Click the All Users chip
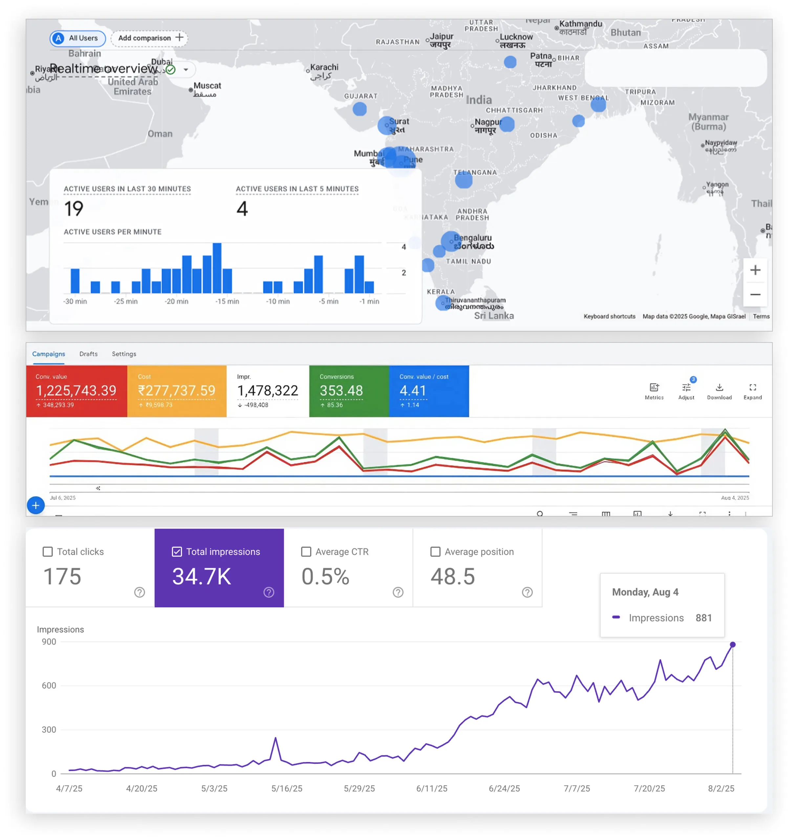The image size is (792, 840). (78, 38)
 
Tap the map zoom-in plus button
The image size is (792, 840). (755, 270)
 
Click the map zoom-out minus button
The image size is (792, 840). (755, 295)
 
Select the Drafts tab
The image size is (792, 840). (88, 354)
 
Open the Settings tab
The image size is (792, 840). (124, 354)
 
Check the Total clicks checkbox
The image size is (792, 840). (48, 552)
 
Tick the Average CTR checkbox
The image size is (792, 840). (306, 552)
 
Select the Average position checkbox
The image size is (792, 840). (435, 552)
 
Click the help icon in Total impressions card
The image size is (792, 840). (269, 592)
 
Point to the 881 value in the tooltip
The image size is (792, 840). (704, 618)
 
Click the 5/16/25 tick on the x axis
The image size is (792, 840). (287, 789)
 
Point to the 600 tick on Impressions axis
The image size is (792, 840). (49, 686)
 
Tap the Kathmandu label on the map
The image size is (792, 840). (580, 24)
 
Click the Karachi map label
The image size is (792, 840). (324, 68)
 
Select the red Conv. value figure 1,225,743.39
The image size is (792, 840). (76, 391)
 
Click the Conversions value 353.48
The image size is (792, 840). (341, 391)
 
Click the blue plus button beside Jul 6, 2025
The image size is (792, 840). (36, 505)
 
